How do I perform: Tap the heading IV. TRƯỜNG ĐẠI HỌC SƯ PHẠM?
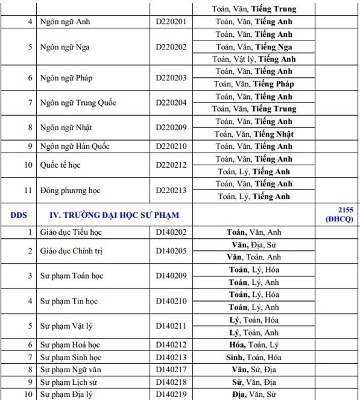(114, 215)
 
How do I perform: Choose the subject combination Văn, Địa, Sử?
(255, 245)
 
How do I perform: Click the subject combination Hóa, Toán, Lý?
(255, 344)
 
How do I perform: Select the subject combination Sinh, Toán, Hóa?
(255, 357)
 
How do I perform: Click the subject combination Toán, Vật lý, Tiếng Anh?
(255, 59)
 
